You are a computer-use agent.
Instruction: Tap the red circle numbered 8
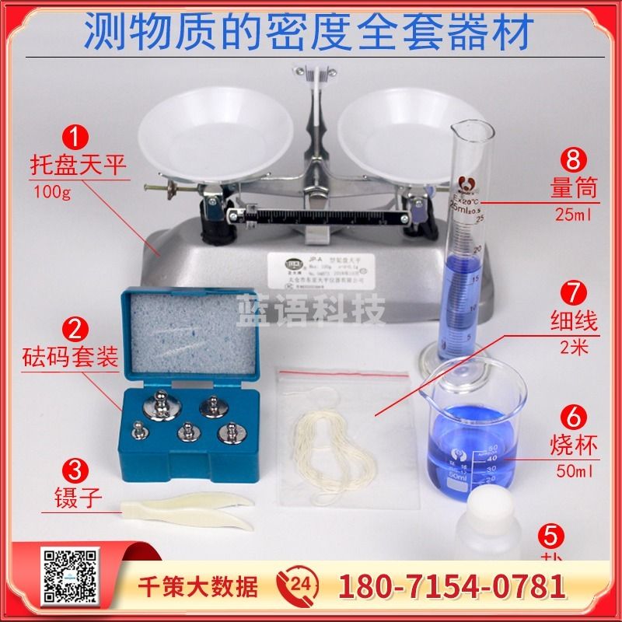574,161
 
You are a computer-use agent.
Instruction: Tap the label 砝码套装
74,358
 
